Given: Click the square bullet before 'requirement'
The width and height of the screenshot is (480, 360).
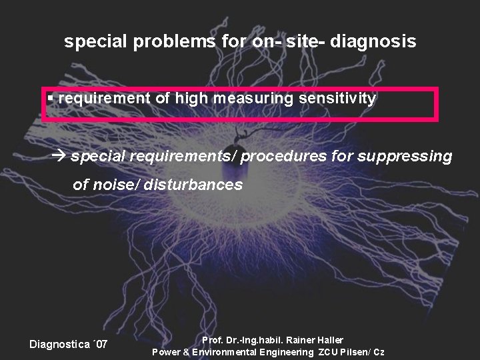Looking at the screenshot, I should (51, 98).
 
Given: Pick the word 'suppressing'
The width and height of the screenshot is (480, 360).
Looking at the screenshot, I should (405, 157).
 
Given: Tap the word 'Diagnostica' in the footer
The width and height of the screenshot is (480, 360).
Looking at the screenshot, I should (60, 345).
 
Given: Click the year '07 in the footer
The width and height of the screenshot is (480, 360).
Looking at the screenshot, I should (99, 345).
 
